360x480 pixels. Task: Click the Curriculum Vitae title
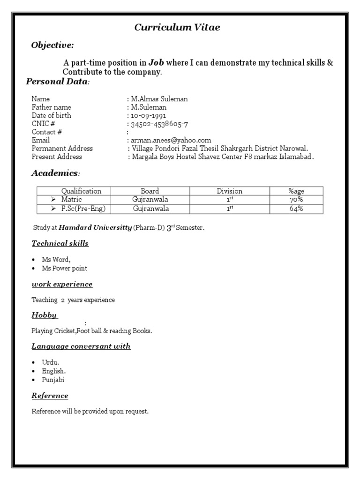(177, 28)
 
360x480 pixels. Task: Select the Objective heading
(52, 45)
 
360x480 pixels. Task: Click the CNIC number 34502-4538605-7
(160, 124)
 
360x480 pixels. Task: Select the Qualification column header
(81, 191)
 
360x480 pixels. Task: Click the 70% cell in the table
(296, 200)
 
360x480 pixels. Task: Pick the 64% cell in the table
(296, 209)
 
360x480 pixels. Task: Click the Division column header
(230, 191)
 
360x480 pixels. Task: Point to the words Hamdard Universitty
(95, 228)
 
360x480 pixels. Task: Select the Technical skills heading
(60, 244)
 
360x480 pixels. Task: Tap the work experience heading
(62, 285)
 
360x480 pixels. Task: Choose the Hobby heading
(44, 315)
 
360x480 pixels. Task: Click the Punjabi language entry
(53, 380)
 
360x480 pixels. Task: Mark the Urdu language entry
(51, 362)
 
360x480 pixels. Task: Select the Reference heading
(50, 396)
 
